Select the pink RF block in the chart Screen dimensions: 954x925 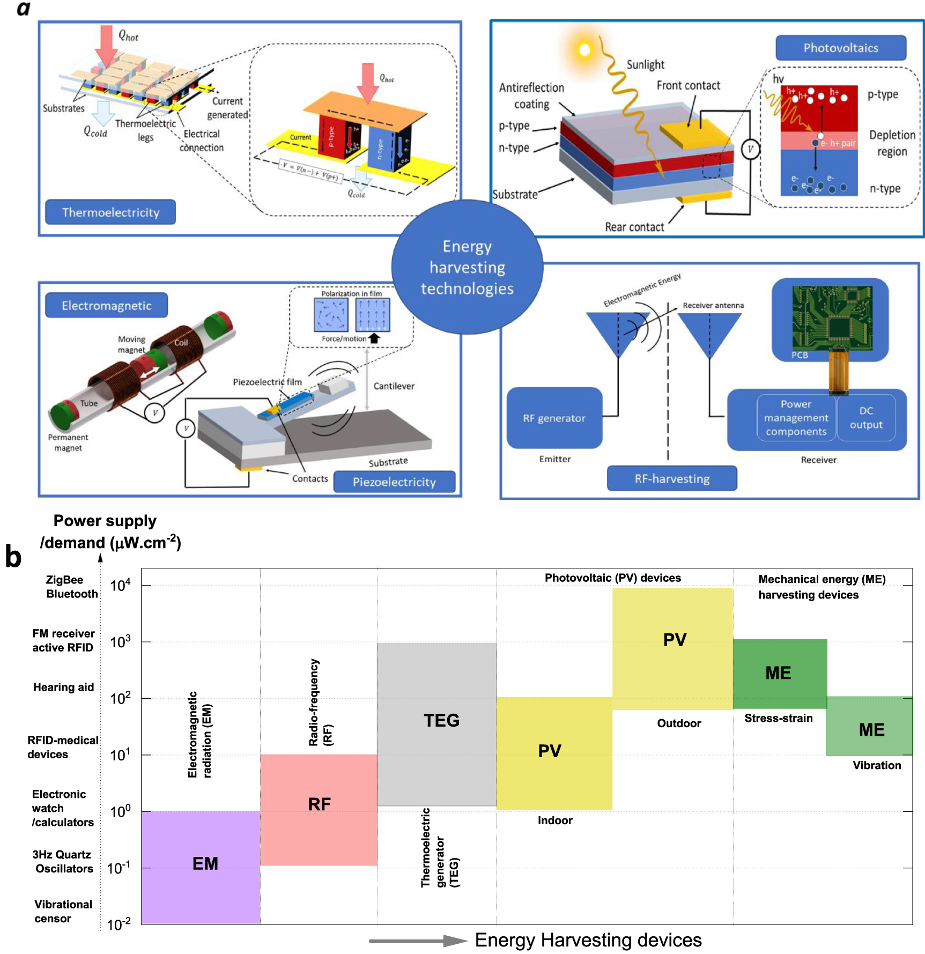click(319, 810)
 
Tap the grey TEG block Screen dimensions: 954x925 click(436, 724)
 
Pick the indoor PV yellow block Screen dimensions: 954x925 click(554, 753)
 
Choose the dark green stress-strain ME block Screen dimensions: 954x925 click(780, 674)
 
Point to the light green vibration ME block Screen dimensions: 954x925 click(869, 727)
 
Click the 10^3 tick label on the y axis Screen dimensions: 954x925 click(120, 642)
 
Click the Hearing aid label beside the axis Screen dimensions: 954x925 click(63, 687)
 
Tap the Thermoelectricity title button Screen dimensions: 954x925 click(110, 212)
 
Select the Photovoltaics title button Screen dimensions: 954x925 click(840, 48)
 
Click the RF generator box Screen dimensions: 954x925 click(554, 418)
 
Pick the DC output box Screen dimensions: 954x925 click(866, 418)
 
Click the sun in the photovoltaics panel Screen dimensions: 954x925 click(584, 50)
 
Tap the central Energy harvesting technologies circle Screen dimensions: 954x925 click(467, 267)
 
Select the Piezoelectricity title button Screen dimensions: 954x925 click(394, 482)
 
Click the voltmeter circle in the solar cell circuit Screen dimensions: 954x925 click(750, 149)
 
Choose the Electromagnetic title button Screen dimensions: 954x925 click(106, 306)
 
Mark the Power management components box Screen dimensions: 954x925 click(796, 418)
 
